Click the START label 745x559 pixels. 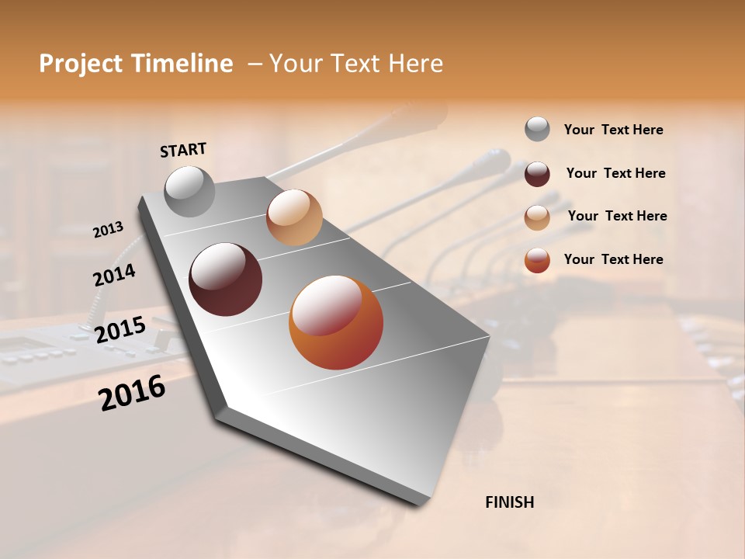coord(183,150)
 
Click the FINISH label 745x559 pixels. coord(509,502)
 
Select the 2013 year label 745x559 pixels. coord(108,230)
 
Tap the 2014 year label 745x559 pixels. coord(114,276)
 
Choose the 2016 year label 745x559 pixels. coord(132,393)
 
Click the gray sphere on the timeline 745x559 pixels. coord(190,191)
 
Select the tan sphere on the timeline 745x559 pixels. coord(294,217)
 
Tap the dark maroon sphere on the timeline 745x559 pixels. coord(225,279)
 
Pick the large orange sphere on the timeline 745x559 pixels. coord(336,322)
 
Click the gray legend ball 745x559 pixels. coord(537,130)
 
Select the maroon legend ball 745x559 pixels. coord(537,174)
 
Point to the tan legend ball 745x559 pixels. coord(537,217)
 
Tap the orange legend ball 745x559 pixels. coord(537,260)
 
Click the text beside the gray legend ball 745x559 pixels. coord(613,130)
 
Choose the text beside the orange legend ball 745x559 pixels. coord(613,259)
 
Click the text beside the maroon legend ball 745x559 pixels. coord(615,173)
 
